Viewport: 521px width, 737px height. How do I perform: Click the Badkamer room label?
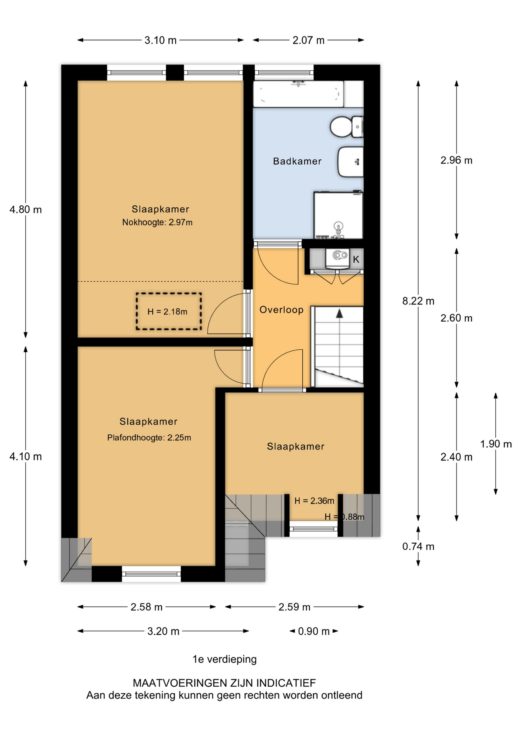(297, 161)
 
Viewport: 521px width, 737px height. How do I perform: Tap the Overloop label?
(281, 310)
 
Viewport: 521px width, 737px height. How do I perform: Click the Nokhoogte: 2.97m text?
(157, 222)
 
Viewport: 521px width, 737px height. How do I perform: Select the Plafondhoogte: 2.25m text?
(149, 438)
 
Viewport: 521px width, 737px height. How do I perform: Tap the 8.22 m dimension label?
(418, 301)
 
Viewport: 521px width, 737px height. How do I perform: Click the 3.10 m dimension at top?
(160, 40)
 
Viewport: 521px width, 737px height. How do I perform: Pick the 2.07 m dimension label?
(308, 40)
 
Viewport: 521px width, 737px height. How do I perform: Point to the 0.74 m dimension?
(418, 546)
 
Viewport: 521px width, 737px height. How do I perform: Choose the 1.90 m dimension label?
(496, 444)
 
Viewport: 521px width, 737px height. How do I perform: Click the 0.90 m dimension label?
(314, 631)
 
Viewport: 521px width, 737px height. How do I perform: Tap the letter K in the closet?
(356, 259)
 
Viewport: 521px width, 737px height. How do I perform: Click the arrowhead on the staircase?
(340, 314)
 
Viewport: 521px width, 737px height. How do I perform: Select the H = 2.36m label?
(314, 501)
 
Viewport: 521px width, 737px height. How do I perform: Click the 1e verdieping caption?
(224, 659)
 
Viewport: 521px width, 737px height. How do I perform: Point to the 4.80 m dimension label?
(26, 210)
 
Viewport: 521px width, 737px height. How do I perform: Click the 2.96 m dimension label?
(456, 160)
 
